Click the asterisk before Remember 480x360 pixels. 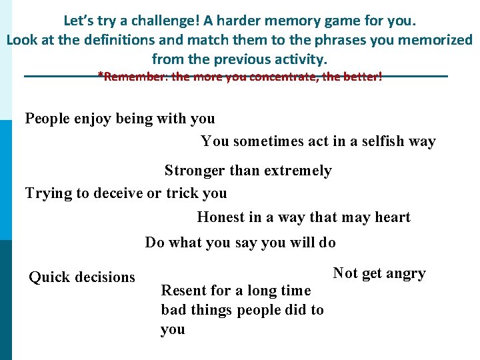click(100, 76)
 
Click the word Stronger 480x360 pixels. click(195, 171)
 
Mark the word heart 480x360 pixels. click(394, 217)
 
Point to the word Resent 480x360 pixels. click(182, 291)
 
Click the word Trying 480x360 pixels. click(48, 194)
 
